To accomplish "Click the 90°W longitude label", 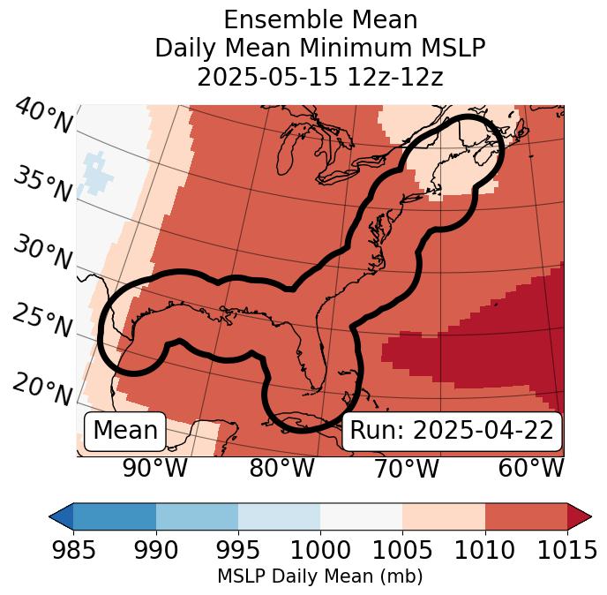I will pos(155,468).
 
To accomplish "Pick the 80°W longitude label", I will pos(281,468).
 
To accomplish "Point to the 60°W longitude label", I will pos(531,468).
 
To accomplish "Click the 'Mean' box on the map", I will pos(125,431).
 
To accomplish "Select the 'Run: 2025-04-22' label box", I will pos(452,431).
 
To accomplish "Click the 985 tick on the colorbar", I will pos(73,550).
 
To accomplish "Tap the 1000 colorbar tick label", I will pos(320,550).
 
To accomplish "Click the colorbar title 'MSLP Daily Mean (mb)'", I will pos(319,576).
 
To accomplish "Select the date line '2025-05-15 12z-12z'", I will pos(320,77).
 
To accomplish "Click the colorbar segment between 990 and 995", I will pos(197,516).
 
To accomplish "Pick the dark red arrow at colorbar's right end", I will pos(579,516).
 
